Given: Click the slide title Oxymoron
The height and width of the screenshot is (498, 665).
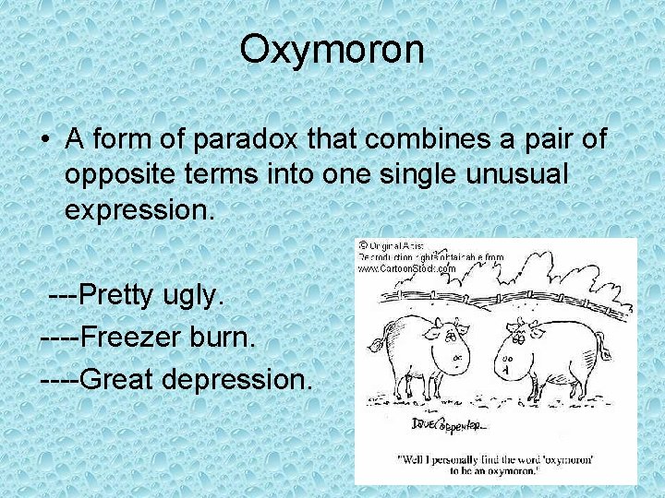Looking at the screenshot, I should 332,49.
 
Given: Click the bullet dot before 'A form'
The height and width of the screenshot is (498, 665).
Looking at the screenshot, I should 44,140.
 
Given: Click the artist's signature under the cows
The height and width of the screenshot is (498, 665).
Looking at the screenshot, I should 451,424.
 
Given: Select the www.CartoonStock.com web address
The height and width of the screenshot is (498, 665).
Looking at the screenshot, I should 407,268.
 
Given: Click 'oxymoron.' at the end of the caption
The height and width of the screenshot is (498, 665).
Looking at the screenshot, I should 524,472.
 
